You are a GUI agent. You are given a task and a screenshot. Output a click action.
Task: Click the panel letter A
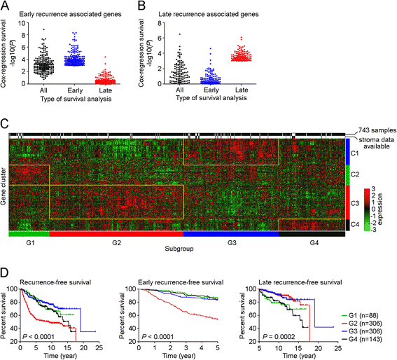click(x=5, y=6)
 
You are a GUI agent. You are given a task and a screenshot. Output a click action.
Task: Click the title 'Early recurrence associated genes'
click(x=71, y=14)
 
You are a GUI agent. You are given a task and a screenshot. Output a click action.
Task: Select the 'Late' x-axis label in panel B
click(x=242, y=90)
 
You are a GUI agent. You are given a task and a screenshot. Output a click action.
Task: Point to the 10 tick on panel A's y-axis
click(x=22, y=23)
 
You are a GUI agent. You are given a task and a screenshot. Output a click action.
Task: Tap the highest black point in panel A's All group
click(x=44, y=29)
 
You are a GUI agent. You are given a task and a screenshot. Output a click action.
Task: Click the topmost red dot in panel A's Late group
click(x=105, y=57)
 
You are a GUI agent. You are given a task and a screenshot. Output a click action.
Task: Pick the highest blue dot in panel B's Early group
click(x=210, y=48)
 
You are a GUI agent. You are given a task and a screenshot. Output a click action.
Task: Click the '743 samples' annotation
click(x=377, y=130)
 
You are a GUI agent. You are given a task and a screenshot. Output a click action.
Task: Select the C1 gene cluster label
click(x=354, y=153)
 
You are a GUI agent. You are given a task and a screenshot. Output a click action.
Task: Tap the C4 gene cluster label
click(x=355, y=224)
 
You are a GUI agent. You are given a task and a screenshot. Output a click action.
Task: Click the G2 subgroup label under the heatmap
click(x=116, y=243)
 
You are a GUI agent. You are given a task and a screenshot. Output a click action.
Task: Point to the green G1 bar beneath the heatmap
click(x=29, y=234)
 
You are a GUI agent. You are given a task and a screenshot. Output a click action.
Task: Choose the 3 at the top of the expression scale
click(x=373, y=189)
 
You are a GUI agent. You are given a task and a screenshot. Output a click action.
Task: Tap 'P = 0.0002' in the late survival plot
click(x=279, y=337)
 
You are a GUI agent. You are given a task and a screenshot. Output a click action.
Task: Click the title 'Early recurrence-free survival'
click(x=181, y=282)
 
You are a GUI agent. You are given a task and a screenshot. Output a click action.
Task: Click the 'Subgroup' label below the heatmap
click(x=179, y=249)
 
